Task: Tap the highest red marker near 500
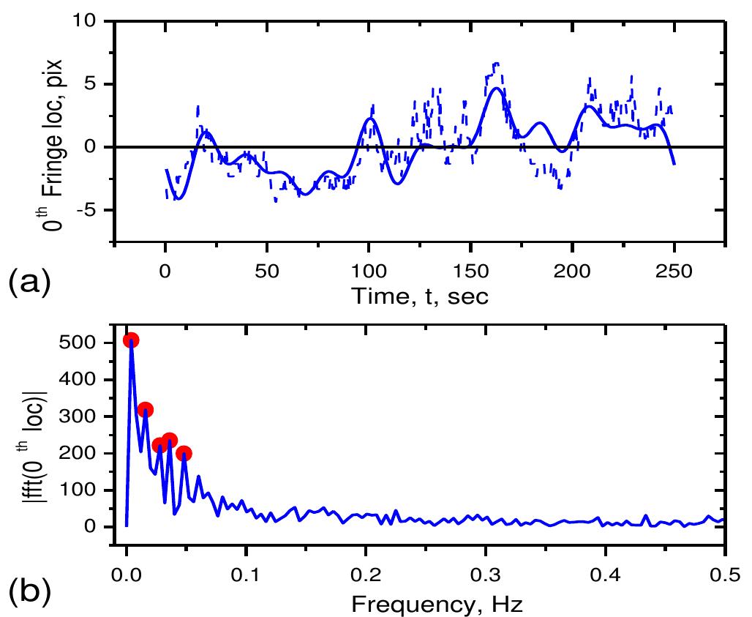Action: coord(131,340)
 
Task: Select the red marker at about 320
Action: coord(145,410)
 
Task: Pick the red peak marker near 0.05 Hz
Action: coord(184,454)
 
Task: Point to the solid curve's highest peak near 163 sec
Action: coord(496,88)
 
